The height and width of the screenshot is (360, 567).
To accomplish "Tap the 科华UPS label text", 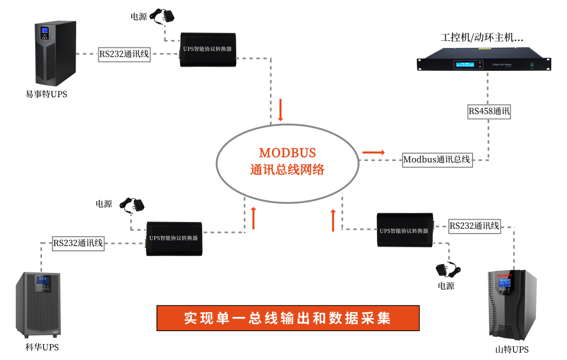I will coord(43,347).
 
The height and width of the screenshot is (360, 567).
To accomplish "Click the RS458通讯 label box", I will coord(489,111).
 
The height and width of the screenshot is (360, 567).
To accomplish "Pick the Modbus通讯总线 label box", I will coord(437,160).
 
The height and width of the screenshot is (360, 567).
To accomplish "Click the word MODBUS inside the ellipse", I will coord(287,153).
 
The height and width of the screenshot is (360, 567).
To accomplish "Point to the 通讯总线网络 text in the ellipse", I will coord(287,170).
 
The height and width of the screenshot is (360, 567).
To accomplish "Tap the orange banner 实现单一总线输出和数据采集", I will coord(288,319).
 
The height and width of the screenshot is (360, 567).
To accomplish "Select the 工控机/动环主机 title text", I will coord(482,38).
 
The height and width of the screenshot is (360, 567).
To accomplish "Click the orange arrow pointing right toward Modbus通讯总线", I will coord(373,153).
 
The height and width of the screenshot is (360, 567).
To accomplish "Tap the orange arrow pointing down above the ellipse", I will coord(280,110).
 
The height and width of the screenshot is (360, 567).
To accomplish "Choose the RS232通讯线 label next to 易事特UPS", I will coord(124,54).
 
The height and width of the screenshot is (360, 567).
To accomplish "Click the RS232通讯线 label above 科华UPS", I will coord(78,243).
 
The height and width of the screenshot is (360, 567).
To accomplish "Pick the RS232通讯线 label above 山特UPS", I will coord(474,226).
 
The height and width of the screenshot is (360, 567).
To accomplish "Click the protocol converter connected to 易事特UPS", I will coord(207,50).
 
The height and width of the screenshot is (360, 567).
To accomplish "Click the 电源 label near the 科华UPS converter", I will coord(103,204).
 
